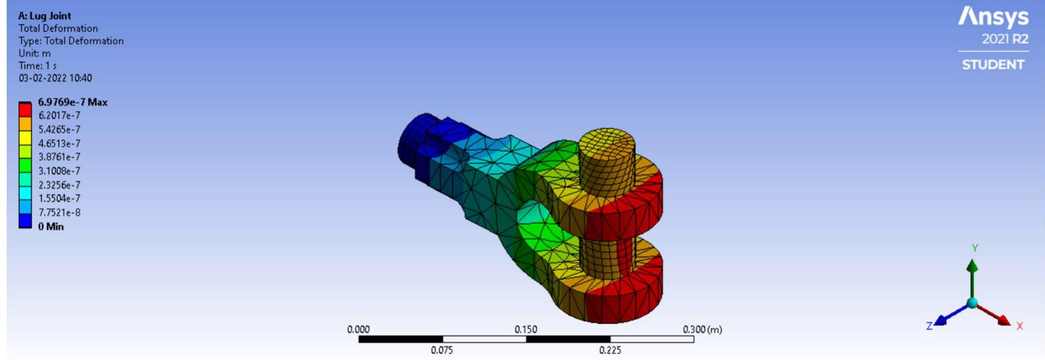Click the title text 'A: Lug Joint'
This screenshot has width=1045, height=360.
coord(45,16)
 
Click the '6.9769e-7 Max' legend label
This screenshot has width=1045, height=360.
coord(73,102)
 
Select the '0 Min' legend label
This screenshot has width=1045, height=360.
coord(51,226)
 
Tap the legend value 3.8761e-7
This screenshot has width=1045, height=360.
coord(59,157)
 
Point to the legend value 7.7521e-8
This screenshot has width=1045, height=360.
coord(59,213)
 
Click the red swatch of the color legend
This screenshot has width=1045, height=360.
coord(25,110)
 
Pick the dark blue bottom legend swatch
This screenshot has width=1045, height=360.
coord(25,221)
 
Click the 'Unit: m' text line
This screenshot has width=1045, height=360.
coord(34,53)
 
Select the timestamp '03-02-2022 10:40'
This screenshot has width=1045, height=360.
coord(55,78)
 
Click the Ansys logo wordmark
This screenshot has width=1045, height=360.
coord(993,18)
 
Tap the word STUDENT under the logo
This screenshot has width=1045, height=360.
coord(993,65)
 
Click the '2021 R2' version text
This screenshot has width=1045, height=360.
coord(1005,39)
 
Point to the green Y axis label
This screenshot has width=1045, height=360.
coord(975,248)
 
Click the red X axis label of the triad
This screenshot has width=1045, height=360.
coord(1019,326)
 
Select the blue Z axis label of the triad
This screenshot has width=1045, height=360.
coord(929,326)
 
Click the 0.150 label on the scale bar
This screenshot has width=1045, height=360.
coord(526,329)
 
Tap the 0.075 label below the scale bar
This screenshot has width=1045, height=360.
coord(441,350)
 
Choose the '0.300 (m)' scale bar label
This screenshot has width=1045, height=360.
coord(702,329)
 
